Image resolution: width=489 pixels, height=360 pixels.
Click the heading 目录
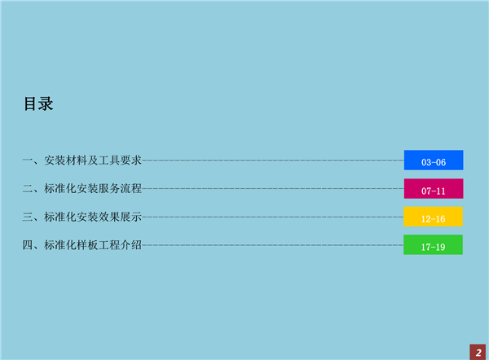point(38,103)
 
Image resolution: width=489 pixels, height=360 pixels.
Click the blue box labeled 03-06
point(434,160)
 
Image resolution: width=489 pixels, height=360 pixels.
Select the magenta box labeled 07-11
point(434,189)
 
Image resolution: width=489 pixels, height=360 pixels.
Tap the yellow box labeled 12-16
point(433,217)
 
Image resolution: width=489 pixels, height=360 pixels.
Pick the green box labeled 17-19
point(433,244)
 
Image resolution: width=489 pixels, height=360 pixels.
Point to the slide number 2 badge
point(478,352)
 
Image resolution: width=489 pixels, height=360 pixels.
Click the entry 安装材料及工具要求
point(93,160)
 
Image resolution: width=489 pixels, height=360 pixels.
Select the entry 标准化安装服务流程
point(93,189)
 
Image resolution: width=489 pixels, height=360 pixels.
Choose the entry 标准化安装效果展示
point(93,217)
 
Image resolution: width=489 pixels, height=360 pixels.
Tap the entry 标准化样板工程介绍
point(93,245)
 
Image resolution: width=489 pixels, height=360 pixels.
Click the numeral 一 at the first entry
point(28,160)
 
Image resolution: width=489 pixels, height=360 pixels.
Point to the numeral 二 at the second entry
point(28,189)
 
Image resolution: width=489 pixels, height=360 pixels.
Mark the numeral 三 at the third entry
point(28,217)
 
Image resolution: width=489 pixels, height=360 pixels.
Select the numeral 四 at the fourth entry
point(28,245)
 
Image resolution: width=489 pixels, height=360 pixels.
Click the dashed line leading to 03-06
point(273,160)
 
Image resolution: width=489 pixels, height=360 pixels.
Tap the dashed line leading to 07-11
point(273,189)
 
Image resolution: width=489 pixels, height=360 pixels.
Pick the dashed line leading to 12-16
point(272,217)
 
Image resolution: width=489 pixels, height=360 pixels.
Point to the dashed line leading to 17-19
point(272,245)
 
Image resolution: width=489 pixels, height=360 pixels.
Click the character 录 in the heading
point(46,103)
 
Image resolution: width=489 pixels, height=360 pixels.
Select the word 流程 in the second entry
point(131,189)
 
